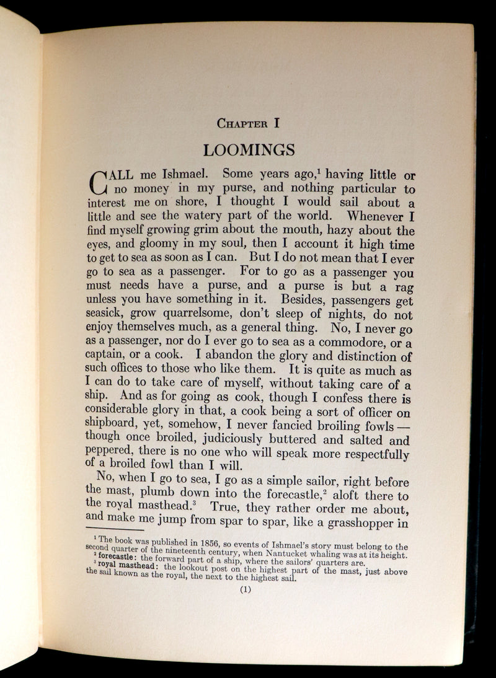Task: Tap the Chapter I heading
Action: [x=249, y=123]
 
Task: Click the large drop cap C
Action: [x=100, y=182]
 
